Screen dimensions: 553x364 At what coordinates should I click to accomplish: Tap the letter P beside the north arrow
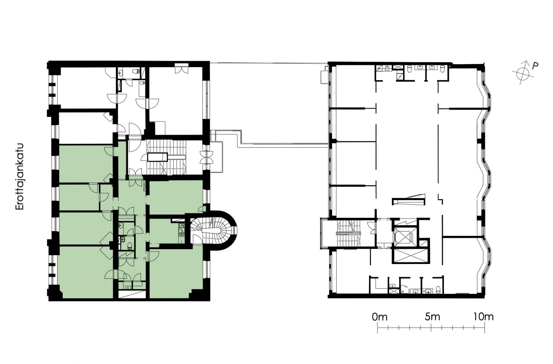tap(535, 66)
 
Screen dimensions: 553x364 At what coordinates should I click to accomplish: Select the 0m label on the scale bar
tap(380, 317)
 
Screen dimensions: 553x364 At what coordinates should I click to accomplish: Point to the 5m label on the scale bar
tap(432, 317)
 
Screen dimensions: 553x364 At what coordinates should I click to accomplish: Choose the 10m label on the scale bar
tap(483, 317)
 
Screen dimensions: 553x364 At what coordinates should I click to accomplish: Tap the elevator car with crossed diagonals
tap(404, 237)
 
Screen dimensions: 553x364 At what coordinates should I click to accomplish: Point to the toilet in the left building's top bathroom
tap(136, 72)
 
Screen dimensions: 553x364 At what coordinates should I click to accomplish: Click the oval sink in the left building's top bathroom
tap(121, 72)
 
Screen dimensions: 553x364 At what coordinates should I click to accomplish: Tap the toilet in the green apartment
tap(129, 245)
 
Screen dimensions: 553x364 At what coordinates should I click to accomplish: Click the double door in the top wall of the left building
tap(181, 68)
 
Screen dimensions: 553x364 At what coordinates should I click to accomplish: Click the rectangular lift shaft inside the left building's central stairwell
tap(157, 157)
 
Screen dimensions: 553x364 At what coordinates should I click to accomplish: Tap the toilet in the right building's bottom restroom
tap(438, 289)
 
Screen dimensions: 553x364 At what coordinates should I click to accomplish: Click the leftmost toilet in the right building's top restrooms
tap(409, 69)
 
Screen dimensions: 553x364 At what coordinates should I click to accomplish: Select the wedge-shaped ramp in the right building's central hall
tap(409, 200)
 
